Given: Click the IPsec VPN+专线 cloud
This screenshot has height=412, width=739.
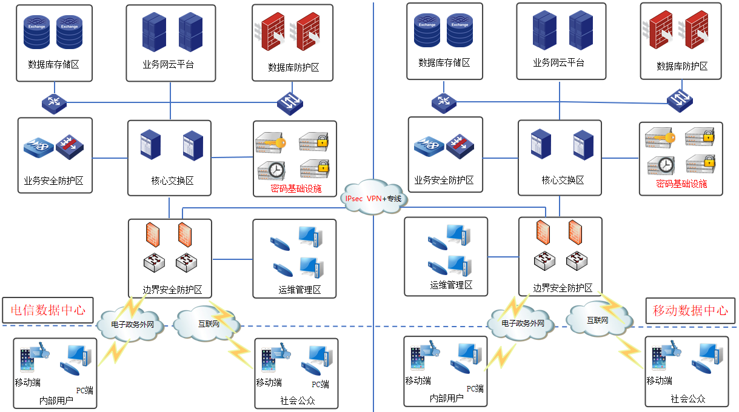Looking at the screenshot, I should tap(373, 198).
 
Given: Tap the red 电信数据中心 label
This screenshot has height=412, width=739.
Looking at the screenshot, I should tap(48, 311).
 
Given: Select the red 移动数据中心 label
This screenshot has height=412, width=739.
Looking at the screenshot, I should tap(690, 311).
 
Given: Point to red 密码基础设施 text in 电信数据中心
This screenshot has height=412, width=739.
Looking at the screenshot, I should tap(296, 189).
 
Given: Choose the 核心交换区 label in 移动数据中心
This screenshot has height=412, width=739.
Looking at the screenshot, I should tap(562, 180).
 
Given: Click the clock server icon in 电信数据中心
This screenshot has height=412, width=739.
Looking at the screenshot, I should tap(270, 170).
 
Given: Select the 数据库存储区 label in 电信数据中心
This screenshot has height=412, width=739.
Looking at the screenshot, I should tap(53, 64).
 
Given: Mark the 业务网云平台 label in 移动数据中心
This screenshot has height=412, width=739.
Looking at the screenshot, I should tap(558, 62).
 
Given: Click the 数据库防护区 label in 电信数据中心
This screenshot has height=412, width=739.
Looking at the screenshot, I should tap(293, 68).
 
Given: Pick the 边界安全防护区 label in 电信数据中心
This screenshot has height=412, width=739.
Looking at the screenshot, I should tap(172, 290).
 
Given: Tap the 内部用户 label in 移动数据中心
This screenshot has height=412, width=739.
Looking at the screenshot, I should tap(446, 398).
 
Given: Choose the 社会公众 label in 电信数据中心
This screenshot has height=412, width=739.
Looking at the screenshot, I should tap(298, 400).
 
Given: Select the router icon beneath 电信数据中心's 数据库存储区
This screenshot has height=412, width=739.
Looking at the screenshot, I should tap(54, 102).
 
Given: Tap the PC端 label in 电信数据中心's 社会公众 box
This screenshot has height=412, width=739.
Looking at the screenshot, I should tap(321, 384).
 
